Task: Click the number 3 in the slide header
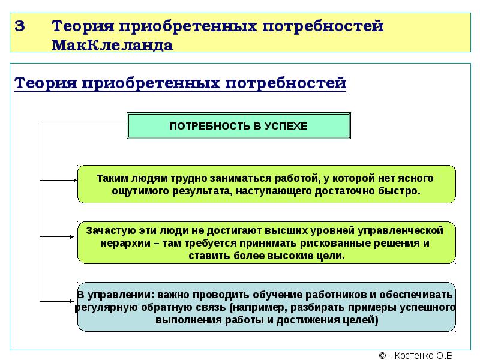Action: pos(20,27)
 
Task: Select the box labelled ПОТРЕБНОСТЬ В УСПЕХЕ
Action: pos(238,126)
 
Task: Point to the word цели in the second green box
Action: pos(329,256)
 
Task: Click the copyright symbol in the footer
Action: pos(382,355)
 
